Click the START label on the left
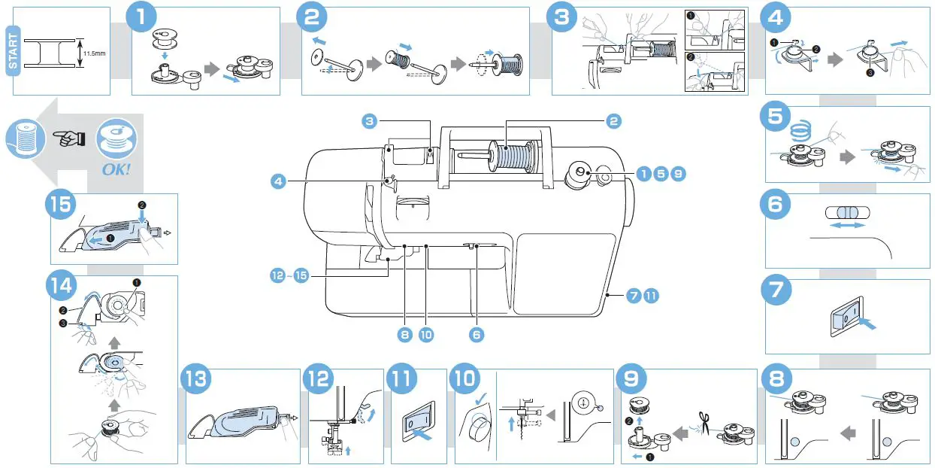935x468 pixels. click(13, 51)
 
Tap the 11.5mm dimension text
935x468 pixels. click(94, 53)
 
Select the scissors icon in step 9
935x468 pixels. click(704, 421)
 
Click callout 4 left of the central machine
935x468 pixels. click(280, 181)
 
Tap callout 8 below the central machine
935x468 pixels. click(405, 336)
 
